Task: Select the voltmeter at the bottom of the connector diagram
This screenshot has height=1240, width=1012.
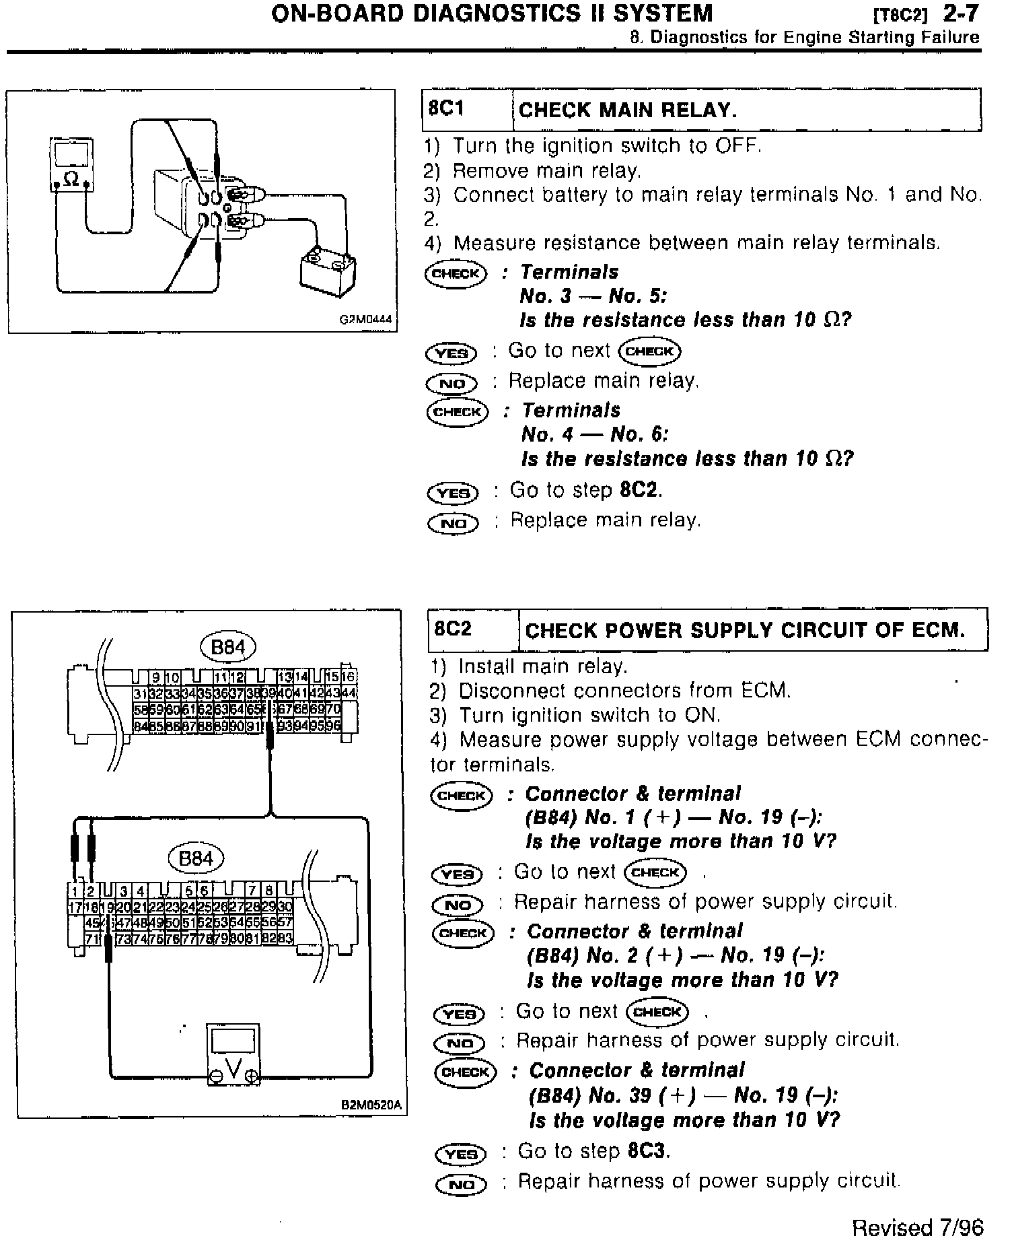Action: pyautogui.click(x=233, y=1054)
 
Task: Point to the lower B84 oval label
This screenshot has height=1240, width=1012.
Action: pyautogui.click(x=196, y=858)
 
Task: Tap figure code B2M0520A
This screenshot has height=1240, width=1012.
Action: pyautogui.click(x=371, y=1105)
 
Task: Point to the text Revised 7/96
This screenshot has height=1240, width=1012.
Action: pyautogui.click(x=918, y=1227)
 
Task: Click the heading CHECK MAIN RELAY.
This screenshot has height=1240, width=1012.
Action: pyautogui.click(x=628, y=110)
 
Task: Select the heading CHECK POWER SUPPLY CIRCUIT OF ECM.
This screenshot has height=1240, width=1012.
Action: pyautogui.click(x=745, y=631)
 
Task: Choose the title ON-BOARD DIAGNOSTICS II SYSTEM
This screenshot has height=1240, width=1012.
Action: pyautogui.click(x=491, y=13)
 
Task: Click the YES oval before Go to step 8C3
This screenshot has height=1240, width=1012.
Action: pyautogui.click(x=461, y=1154)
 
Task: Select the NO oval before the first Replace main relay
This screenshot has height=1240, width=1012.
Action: pyautogui.click(x=451, y=384)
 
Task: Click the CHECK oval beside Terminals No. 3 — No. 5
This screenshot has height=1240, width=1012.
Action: pyautogui.click(x=456, y=273)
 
